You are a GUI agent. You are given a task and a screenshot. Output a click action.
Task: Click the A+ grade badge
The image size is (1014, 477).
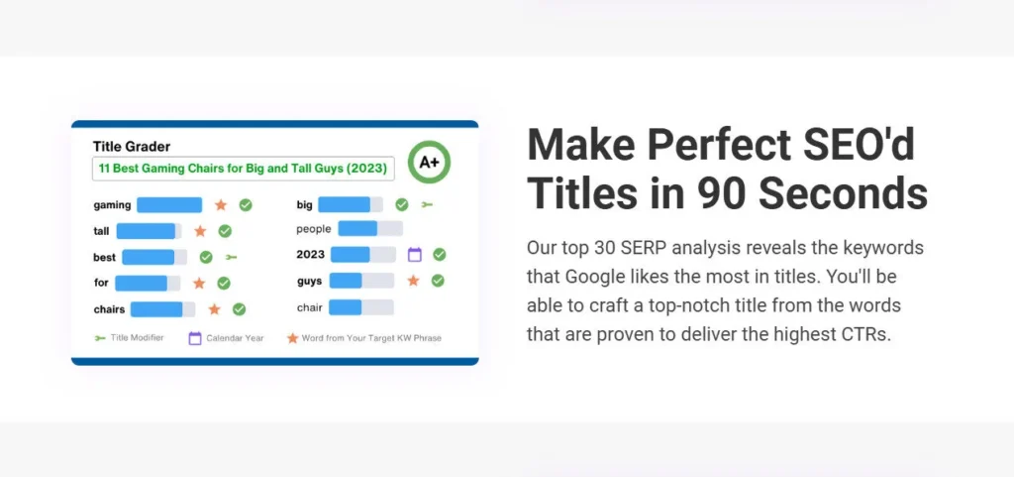(x=429, y=162)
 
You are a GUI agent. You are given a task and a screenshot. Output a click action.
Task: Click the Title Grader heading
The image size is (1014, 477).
(x=132, y=146)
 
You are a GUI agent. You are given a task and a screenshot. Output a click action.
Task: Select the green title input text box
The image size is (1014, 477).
(x=244, y=169)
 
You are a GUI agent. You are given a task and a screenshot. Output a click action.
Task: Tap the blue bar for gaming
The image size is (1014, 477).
(x=169, y=205)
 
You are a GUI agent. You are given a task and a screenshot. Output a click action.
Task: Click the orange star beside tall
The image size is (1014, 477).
(x=200, y=231)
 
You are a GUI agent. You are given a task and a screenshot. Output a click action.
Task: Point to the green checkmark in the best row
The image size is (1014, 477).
(x=206, y=257)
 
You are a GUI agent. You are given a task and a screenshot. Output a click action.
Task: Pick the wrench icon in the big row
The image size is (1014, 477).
(x=427, y=204)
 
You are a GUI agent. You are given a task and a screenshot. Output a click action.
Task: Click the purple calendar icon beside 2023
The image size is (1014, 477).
(x=415, y=254)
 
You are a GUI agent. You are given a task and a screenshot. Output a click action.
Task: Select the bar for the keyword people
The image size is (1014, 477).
(x=370, y=228)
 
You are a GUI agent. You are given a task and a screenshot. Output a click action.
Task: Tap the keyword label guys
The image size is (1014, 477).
(x=310, y=282)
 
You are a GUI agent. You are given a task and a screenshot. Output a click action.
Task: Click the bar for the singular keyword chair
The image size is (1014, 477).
(x=360, y=307)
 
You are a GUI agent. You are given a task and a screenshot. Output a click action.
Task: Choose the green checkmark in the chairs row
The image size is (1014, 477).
(x=239, y=309)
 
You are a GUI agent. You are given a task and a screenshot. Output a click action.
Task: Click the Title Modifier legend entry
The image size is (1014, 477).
(x=129, y=338)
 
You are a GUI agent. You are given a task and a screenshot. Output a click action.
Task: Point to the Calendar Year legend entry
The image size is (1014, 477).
(x=227, y=338)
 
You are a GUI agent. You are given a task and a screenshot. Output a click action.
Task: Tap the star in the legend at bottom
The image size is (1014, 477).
(x=292, y=338)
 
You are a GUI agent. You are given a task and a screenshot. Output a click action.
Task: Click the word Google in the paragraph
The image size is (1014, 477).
(x=595, y=277)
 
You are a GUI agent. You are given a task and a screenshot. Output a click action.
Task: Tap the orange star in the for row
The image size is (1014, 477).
(x=199, y=283)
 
